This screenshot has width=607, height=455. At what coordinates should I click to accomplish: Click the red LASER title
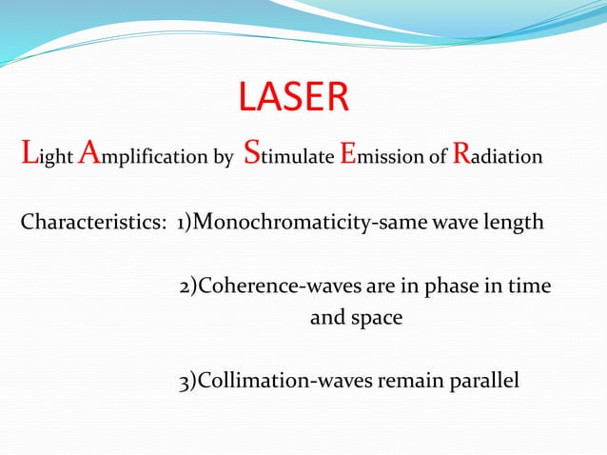pos(293,97)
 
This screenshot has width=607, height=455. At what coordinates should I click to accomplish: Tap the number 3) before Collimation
pos(187,383)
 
